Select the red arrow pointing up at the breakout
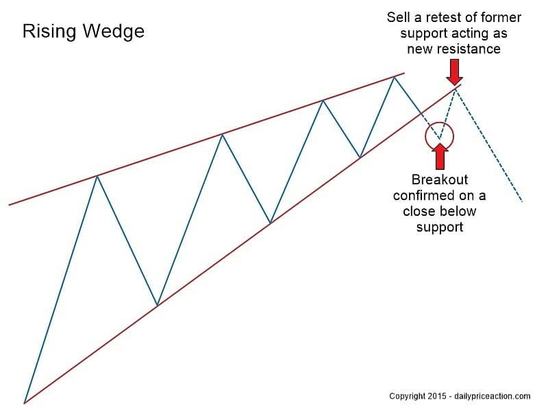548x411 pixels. pos(440,157)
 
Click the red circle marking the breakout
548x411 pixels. pos(439,136)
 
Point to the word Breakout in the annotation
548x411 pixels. pos(439,179)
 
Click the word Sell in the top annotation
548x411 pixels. pos(399,16)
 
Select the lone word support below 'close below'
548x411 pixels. pos(439,227)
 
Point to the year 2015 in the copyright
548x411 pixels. pos(437,396)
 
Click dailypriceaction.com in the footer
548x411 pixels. pos(493,396)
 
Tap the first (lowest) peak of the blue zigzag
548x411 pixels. pos(97,176)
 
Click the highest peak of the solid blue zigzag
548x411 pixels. pos(394,77)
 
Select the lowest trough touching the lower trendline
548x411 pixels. pos(157,305)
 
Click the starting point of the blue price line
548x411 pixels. pos(25,403)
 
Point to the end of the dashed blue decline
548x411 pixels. pos(522,201)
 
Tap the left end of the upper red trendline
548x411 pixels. pos(10,204)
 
